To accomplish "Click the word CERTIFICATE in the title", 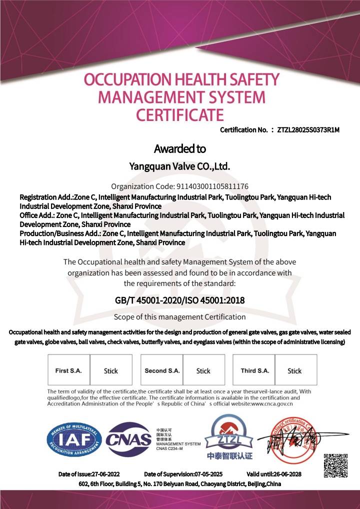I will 180,114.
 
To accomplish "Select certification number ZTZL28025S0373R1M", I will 308,130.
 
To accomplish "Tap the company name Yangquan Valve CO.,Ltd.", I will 179,166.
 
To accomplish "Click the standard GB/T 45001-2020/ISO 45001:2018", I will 179,300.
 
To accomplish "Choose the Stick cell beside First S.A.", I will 111,370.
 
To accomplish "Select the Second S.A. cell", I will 162,370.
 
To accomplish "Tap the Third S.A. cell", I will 255,370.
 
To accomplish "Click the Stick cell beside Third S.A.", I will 295,370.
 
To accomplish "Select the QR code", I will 335,465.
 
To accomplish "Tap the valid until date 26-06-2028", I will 287,474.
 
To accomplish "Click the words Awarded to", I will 179,148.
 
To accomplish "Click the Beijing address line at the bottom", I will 179,484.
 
